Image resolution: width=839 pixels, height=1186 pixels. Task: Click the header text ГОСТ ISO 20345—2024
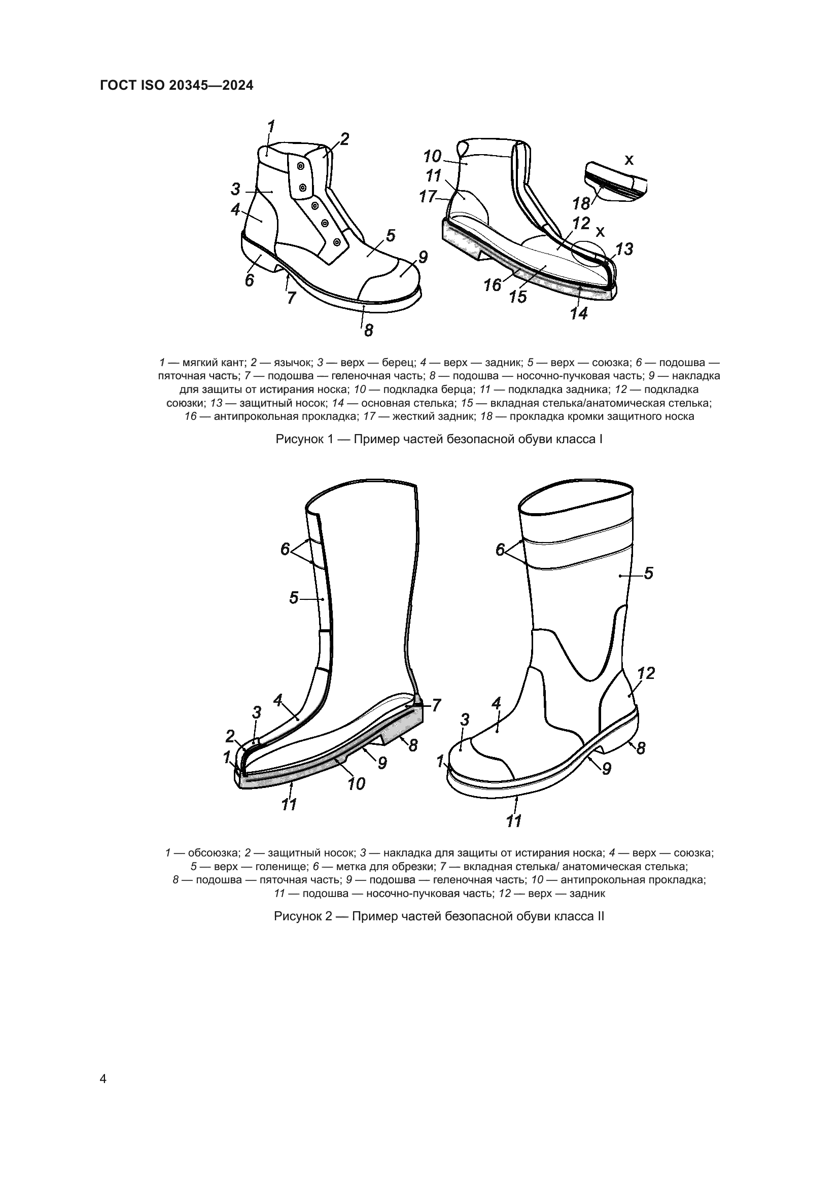[x=176, y=86]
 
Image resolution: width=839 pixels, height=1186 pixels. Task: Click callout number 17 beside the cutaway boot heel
[x=428, y=197]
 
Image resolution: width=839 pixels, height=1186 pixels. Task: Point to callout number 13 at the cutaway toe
[x=624, y=249]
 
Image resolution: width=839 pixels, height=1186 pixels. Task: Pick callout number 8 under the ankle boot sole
[x=368, y=330]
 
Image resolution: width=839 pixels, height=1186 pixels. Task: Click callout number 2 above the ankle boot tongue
[x=344, y=139]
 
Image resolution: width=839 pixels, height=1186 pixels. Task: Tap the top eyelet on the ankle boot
[x=300, y=166]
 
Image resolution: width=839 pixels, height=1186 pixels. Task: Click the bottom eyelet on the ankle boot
[x=337, y=242]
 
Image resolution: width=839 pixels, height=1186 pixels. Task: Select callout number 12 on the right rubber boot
[x=646, y=673]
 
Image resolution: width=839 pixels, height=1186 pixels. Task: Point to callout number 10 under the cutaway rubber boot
[x=357, y=784]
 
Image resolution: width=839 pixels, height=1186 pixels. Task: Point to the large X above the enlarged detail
[x=628, y=160]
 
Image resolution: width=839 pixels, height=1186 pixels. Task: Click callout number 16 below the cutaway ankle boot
[x=493, y=284]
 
